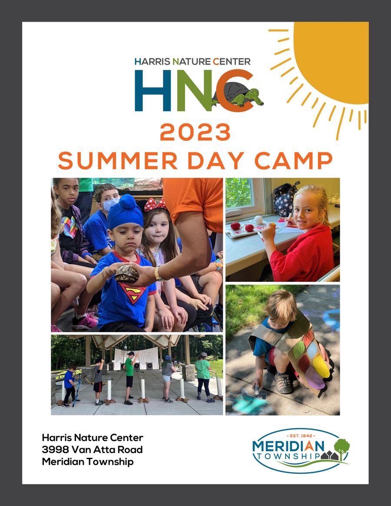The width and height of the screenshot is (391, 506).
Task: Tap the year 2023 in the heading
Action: [195, 132]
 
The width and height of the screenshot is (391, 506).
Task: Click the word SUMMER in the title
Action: [118, 161]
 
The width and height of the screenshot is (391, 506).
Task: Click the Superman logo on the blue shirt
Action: [133, 292]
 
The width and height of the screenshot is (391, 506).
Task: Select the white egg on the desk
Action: [258, 220]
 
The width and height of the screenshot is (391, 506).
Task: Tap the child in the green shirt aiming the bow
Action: [129, 374]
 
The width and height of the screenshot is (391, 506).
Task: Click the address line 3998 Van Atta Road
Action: [92, 450]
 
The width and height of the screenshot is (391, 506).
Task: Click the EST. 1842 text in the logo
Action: [301, 434]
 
